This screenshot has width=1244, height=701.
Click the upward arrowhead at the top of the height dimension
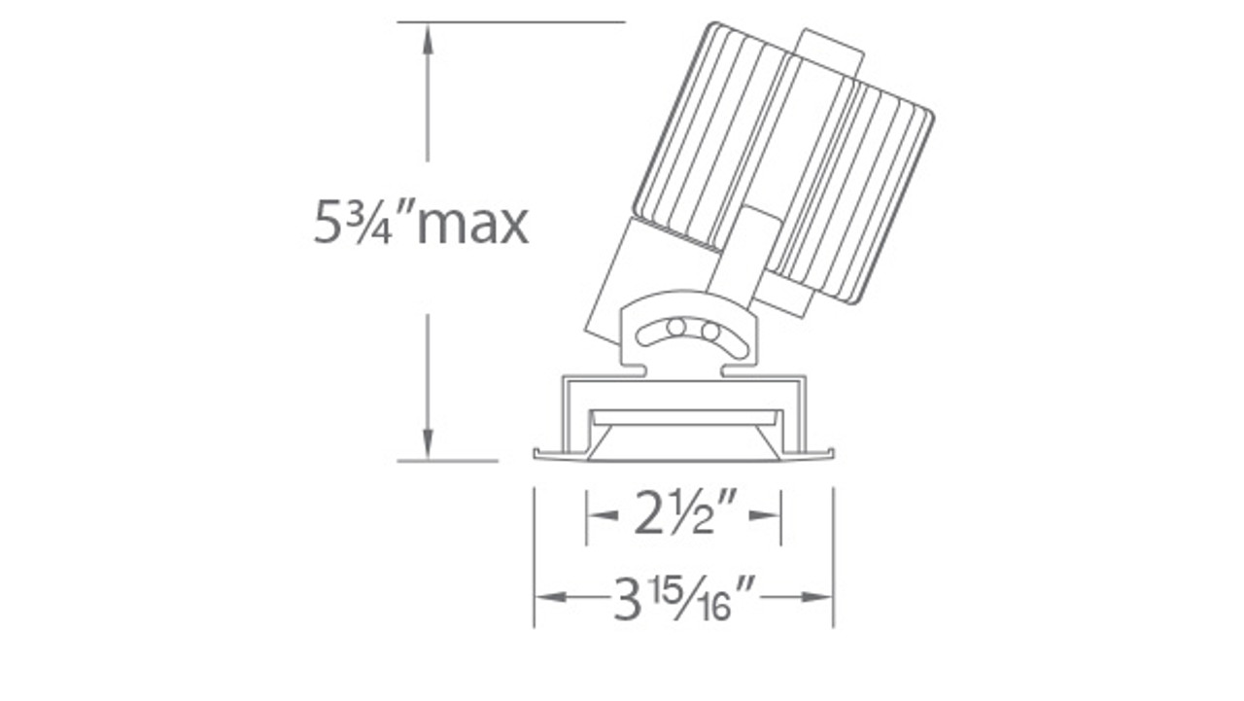(x=427, y=38)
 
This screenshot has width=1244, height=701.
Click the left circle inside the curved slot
(x=675, y=328)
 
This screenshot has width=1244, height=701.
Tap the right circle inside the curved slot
(x=710, y=332)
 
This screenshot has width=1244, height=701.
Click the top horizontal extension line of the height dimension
(x=510, y=21)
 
